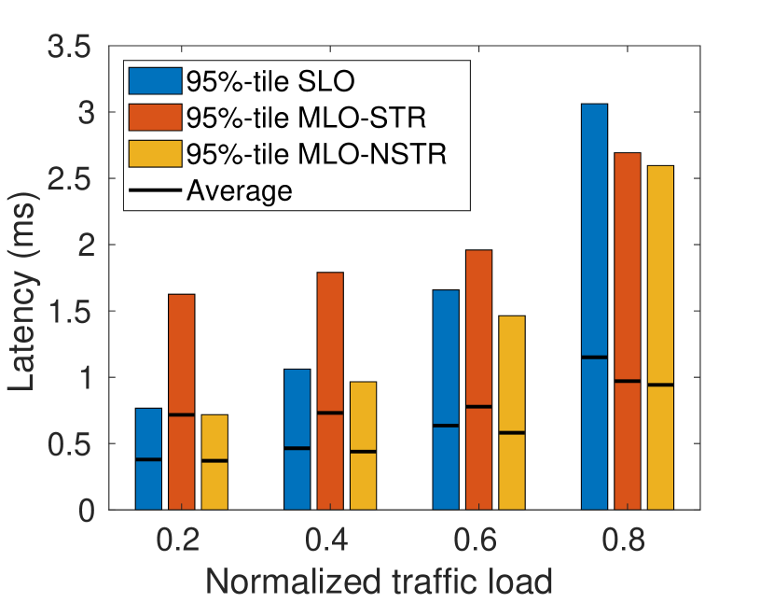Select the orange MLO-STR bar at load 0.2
pyautogui.click(x=181, y=401)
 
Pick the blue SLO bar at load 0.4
pyautogui.click(x=297, y=439)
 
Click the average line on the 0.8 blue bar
pyautogui.click(x=594, y=358)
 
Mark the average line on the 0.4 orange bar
pyautogui.click(x=330, y=413)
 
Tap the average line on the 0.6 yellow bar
pyautogui.click(x=512, y=432)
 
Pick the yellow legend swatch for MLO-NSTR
pyautogui.click(x=155, y=153)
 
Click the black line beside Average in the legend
pyautogui.click(x=155, y=190)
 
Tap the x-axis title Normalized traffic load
pyautogui.click(x=380, y=581)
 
